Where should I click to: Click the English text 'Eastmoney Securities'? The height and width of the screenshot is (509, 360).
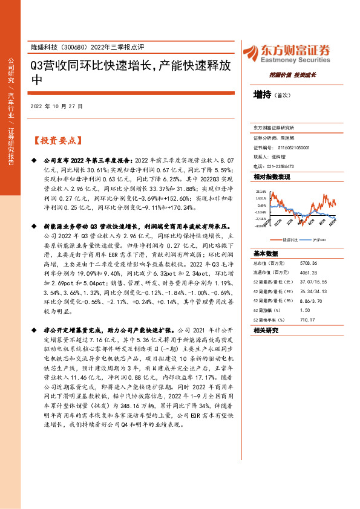click(294, 60)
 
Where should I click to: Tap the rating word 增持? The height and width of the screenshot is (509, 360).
click(261, 95)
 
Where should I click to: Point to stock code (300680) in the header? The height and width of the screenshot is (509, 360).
click(77, 47)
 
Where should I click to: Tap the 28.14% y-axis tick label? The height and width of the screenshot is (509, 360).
click(261, 189)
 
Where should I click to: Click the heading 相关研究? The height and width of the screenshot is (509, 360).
click(266, 331)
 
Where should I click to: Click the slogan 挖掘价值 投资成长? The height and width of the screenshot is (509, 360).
click(293, 76)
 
